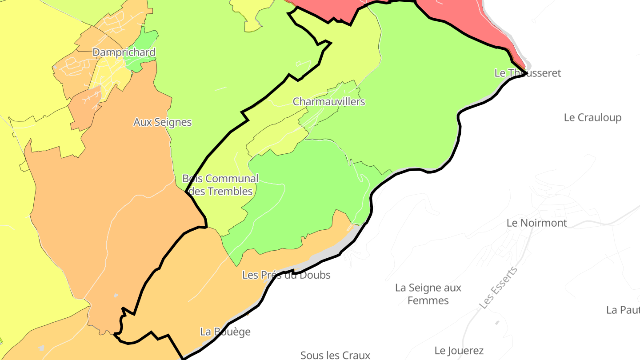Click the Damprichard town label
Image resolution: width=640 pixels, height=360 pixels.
click(x=124, y=52)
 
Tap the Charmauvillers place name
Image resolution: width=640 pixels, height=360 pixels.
click(x=329, y=102)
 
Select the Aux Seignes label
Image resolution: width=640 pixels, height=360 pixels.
click(x=163, y=122)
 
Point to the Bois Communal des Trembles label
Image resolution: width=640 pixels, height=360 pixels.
click(x=220, y=185)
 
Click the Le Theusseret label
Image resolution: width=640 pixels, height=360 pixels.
click(x=528, y=73)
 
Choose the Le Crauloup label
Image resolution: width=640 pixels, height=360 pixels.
click(x=592, y=118)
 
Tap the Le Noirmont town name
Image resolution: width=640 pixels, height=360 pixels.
click(x=537, y=223)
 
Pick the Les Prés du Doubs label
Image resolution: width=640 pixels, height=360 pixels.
click(x=286, y=275)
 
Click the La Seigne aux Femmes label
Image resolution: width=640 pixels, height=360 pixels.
click(x=428, y=294)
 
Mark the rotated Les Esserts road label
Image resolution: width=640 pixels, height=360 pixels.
click(x=499, y=288)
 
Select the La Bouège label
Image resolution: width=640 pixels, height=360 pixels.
click(x=225, y=332)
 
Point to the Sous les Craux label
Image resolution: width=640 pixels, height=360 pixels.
click(x=335, y=355)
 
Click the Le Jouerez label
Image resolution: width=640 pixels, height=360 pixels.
click(x=459, y=351)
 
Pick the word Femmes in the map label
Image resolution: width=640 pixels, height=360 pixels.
click(x=428, y=301)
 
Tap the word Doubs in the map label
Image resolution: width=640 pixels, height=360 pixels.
click(x=315, y=275)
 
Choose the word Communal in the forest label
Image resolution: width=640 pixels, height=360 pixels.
click(x=232, y=179)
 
